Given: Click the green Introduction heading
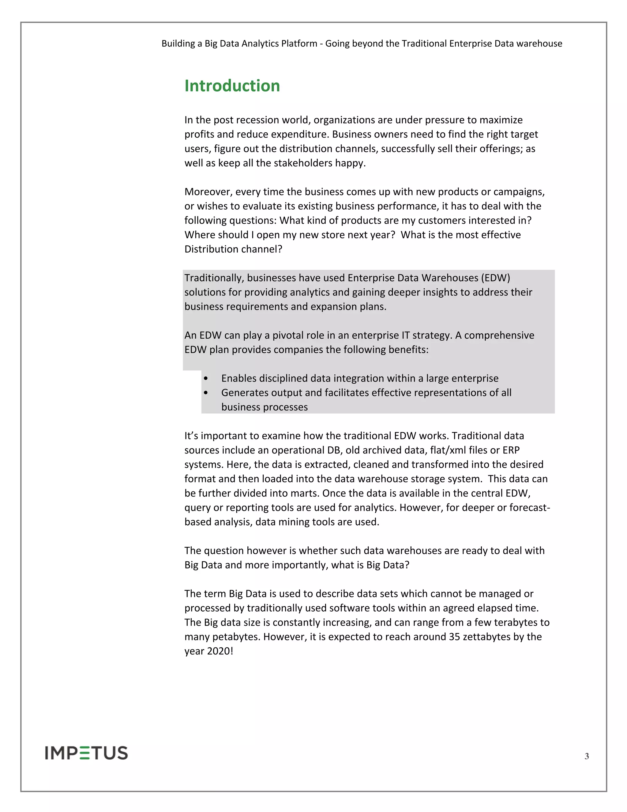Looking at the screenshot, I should coord(232,86).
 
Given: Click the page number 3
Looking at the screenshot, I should coord(587,756).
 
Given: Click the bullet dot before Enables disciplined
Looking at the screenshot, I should coord(206,378).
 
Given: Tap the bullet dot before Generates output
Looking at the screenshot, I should coord(206,393).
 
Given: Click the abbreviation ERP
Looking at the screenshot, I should coord(511,450).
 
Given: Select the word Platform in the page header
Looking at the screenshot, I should coord(299,44).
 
